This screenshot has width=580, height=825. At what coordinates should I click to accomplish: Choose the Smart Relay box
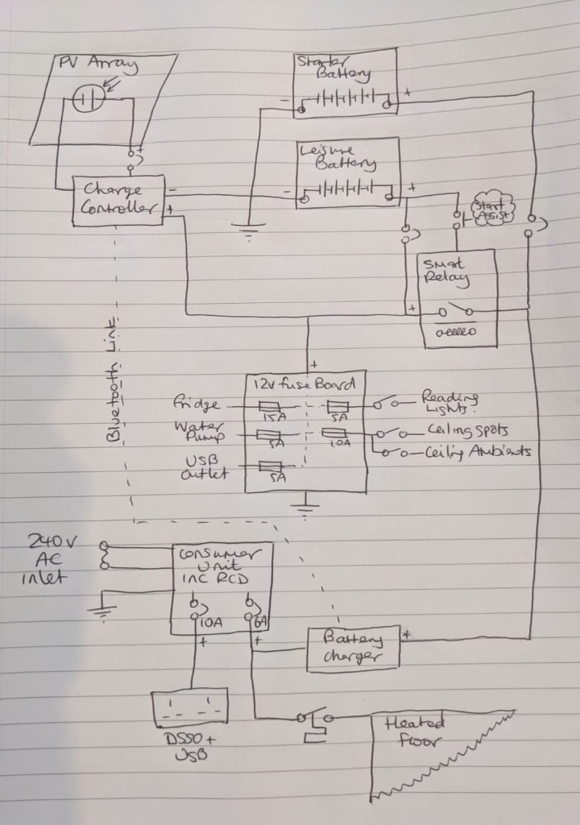click(x=457, y=298)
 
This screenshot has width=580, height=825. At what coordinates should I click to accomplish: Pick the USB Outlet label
click(x=198, y=467)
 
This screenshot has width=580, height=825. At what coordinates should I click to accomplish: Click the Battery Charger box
click(x=353, y=647)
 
